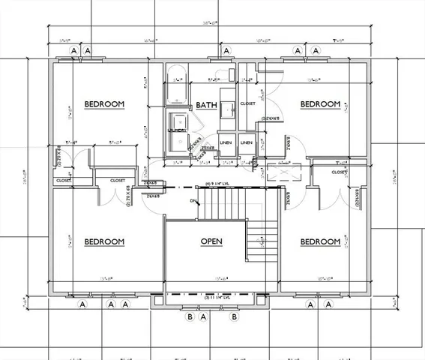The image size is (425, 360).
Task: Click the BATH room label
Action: pos(206,106)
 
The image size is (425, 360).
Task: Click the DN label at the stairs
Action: pos(193,201)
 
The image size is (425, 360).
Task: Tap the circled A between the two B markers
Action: pos(204,316)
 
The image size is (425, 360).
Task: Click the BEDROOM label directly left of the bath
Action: pos(103,104)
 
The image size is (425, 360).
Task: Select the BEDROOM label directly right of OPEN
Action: pos(320,241)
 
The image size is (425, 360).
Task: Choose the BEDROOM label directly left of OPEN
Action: pos(103,241)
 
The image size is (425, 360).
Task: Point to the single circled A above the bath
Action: pos(224,51)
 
